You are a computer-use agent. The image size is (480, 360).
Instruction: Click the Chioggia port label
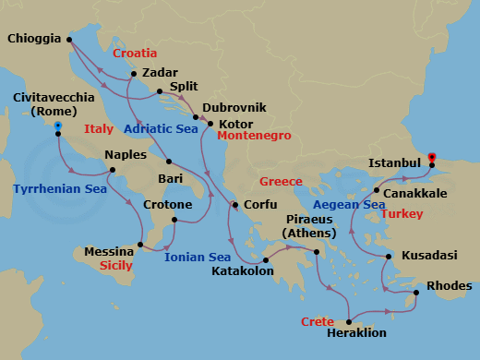(x=33, y=39)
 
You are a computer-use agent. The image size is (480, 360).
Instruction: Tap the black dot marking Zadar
(x=134, y=73)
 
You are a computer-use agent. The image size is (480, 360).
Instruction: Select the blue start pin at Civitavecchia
(x=58, y=126)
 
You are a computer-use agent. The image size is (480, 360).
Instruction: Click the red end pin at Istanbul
(x=433, y=157)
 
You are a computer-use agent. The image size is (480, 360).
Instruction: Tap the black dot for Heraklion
(x=351, y=318)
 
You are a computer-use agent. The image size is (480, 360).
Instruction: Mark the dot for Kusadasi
(x=389, y=256)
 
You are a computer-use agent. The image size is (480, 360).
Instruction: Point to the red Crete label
(x=317, y=321)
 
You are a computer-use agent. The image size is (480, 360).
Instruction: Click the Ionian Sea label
(x=198, y=257)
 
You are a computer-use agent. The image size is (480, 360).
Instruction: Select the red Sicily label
(x=113, y=265)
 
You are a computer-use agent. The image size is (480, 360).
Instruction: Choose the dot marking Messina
(x=140, y=245)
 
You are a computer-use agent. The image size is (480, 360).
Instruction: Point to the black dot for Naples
(x=112, y=170)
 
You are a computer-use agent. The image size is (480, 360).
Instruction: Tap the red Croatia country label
(x=134, y=54)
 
